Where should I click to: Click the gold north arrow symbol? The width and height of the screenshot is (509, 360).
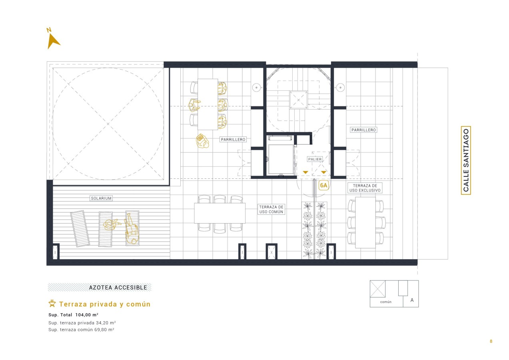click(53, 41)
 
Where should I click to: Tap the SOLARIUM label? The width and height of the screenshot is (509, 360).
click(101, 198)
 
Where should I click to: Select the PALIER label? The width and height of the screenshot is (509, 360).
click(315, 159)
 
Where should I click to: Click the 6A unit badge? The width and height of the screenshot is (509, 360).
click(323, 186)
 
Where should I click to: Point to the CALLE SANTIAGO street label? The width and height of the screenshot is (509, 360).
click(466, 160)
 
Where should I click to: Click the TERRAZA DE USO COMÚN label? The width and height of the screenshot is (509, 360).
click(271, 209)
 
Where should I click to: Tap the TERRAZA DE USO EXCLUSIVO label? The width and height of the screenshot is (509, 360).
click(365, 188)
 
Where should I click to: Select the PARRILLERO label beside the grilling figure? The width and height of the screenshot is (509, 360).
click(233, 140)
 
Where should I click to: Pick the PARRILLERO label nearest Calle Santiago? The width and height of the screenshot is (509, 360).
click(363, 130)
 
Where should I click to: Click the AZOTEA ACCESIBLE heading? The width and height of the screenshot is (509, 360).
click(118, 288)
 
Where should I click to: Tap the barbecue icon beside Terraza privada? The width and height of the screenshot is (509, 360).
click(52, 304)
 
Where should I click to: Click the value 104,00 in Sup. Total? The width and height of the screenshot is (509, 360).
click(83, 315)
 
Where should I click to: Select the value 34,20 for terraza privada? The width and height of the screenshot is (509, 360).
click(102, 323)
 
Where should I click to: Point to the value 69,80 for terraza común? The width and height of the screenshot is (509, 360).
click(101, 330)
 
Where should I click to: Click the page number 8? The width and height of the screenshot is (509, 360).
click(491, 341)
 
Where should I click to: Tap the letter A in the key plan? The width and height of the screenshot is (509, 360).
click(412, 300)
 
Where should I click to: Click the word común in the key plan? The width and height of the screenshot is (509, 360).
click(386, 302)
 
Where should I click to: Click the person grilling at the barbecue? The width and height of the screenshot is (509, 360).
click(202, 141)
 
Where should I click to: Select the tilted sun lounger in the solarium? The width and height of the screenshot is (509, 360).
click(80, 229)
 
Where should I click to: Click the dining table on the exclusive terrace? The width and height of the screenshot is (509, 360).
click(365, 222)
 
